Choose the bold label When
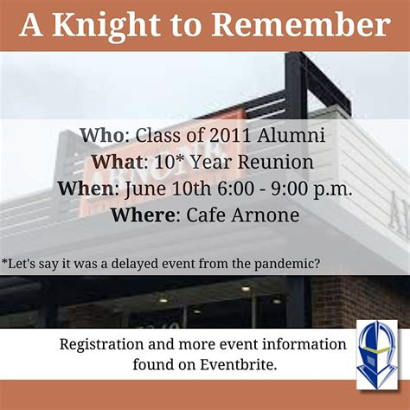[88, 189]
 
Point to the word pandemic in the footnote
[281, 261]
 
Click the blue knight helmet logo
[377, 355]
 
